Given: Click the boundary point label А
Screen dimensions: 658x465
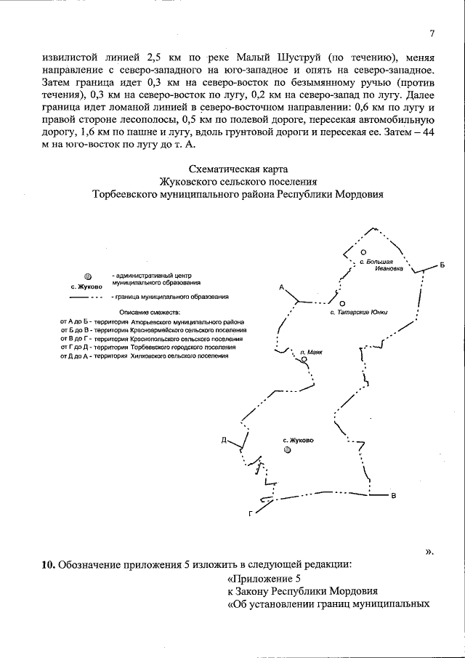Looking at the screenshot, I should tap(281, 288).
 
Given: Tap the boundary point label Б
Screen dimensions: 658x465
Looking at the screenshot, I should tap(442, 264).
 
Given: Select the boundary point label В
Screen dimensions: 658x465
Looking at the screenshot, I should tap(394, 497).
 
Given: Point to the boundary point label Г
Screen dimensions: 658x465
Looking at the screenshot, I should tap(251, 514).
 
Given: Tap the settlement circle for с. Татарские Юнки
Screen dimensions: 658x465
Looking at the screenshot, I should tap(342, 302).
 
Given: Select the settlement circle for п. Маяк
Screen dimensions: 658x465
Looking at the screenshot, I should tap(304, 359).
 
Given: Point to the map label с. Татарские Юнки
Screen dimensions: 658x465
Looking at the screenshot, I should tap(358, 313).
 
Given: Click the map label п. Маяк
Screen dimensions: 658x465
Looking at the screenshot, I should tap(310, 351).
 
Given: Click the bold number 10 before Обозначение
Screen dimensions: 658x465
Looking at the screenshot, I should tap(47, 564).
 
